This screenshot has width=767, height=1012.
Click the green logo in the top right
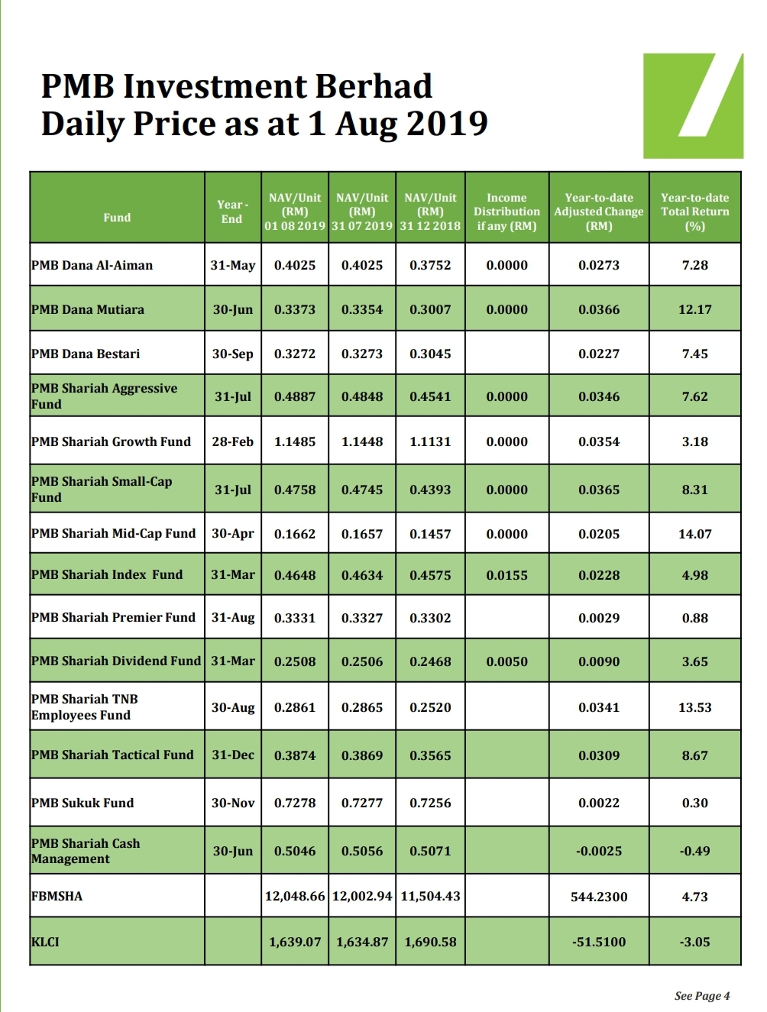(692, 105)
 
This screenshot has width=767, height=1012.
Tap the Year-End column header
(232, 212)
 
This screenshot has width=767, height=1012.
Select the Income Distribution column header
(506, 212)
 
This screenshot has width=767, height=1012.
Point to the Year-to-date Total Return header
(694, 212)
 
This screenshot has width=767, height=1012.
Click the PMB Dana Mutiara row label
(88, 309)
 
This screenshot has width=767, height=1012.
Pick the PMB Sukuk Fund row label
(83, 803)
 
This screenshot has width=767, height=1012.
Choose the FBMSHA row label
(57, 896)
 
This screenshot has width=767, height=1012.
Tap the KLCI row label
(45, 942)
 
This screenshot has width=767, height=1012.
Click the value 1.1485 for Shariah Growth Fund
(295, 441)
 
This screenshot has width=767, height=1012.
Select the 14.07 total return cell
(694, 534)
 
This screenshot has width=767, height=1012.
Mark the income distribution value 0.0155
(506, 575)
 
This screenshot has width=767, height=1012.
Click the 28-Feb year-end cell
(232, 441)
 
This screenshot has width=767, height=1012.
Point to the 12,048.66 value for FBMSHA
(295, 896)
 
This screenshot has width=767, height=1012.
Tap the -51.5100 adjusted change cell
(599, 942)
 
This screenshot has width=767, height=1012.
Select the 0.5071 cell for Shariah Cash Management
(430, 851)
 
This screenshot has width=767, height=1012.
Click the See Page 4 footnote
(702, 995)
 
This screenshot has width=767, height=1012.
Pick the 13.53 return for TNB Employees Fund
(694, 707)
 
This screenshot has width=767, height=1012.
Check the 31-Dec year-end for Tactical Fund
(232, 755)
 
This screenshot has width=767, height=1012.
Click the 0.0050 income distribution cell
(506, 661)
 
